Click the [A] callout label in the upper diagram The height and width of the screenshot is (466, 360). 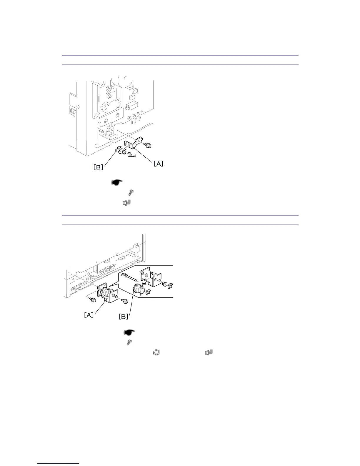coord(159,163)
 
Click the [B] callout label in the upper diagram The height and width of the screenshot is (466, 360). coord(98,167)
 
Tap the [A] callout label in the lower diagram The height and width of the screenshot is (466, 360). coord(89,315)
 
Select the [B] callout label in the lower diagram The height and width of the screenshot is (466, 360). coord(123,317)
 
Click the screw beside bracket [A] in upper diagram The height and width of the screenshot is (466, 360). coord(148,145)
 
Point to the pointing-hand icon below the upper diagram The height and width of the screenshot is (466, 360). coord(117,182)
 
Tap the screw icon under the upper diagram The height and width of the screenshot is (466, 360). coord(131,193)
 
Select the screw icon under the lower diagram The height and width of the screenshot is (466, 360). coord(129,342)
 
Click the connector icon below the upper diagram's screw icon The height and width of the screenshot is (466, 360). coord(126,203)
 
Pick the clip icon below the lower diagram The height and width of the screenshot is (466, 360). coord(156,352)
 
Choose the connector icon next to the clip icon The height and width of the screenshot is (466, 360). coord(209,352)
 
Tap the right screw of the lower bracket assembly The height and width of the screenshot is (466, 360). coord(125,302)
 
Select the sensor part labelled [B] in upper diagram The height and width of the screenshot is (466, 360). coord(120,151)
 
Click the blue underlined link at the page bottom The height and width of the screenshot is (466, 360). coord(59,463)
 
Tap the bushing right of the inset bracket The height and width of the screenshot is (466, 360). coord(165,284)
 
